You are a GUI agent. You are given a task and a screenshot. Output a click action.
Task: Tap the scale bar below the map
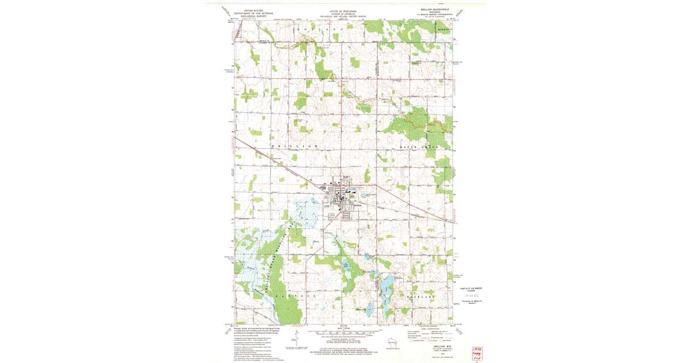pos(344,334)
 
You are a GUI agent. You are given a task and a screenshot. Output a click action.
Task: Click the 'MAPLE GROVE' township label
pos(419,148)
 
